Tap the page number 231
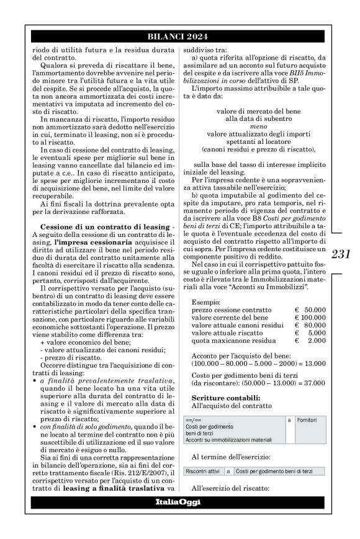click(x=341, y=254)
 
